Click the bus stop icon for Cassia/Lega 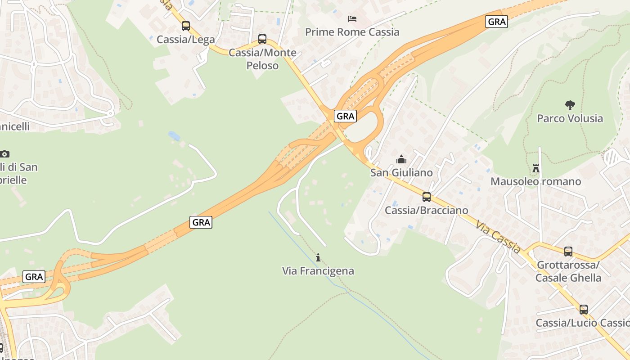click(x=186, y=26)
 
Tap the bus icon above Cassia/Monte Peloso click(x=262, y=39)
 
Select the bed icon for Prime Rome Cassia click(x=352, y=19)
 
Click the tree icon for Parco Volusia click(x=570, y=105)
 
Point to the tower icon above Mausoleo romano click(x=536, y=168)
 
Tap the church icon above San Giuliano click(x=401, y=159)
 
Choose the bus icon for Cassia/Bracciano click(x=426, y=197)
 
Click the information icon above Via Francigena click(x=318, y=257)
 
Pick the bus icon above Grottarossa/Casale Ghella click(x=568, y=252)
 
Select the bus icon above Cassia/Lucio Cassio click(x=584, y=310)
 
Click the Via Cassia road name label click(x=498, y=233)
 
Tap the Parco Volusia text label click(x=570, y=118)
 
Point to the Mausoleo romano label click(x=536, y=181)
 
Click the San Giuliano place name click(x=401, y=172)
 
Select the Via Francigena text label click(x=318, y=271)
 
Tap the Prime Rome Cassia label click(x=352, y=32)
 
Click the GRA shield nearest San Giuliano click(x=346, y=116)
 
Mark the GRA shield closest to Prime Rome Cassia click(x=497, y=21)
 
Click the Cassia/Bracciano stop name click(x=426, y=210)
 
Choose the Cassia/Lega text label click(x=186, y=40)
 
